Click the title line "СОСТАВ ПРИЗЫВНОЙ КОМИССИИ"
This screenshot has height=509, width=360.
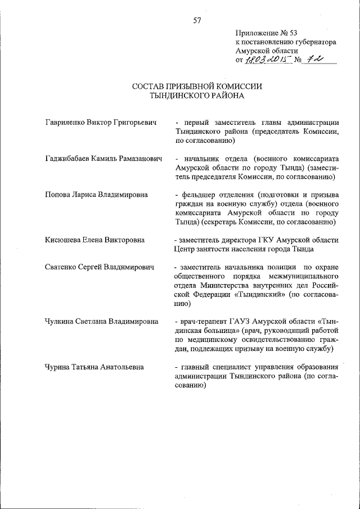pyautogui.click(x=197, y=87)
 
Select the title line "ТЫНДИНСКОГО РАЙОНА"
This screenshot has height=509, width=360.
pyautogui.click(x=197, y=96)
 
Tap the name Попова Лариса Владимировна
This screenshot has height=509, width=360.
pyautogui.click(x=96, y=195)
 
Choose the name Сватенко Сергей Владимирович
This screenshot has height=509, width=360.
pyautogui.click(x=100, y=267)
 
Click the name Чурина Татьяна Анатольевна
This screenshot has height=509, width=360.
pyautogui.click(x=94, y=367)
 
